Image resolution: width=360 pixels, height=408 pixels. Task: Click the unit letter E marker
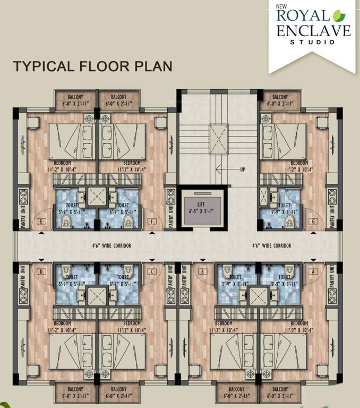40,221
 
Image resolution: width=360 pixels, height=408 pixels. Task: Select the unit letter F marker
153,221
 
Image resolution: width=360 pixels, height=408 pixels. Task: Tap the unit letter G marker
314,221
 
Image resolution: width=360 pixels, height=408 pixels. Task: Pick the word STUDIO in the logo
313,42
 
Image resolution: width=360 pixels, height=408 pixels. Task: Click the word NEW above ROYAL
281,6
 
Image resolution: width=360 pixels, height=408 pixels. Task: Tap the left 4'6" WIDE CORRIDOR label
110,246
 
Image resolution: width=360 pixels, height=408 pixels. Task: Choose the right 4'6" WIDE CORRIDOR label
272,246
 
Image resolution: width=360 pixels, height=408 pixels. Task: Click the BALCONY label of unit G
280,97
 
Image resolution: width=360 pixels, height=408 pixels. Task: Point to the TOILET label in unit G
284,205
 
